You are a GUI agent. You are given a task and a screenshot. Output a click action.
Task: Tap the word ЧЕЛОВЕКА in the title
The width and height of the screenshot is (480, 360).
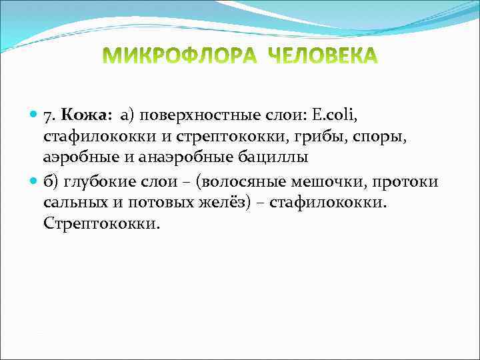pos(322,56)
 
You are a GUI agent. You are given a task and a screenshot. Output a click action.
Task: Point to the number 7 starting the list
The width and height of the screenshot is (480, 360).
pos(49,117)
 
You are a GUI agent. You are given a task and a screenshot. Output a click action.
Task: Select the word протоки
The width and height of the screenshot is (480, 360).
pos(407,182)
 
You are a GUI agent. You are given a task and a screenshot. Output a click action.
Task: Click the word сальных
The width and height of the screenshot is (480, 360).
pos(74,203)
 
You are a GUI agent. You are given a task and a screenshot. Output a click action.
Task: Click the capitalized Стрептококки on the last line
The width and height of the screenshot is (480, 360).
pos(102,224)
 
